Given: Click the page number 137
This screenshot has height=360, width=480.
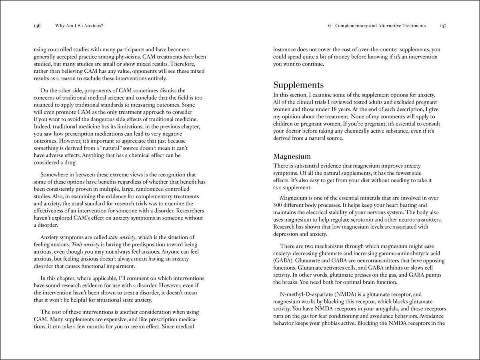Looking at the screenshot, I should [443, 26].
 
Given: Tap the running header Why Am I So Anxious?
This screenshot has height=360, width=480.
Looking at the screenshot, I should [79, 26].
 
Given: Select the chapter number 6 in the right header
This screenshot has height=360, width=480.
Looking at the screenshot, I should [329, 26].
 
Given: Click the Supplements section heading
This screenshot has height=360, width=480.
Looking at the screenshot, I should [298, 85].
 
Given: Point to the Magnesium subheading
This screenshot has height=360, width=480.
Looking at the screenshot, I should [292, 156].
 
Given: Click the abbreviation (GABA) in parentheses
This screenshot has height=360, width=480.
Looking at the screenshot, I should [283, 260].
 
